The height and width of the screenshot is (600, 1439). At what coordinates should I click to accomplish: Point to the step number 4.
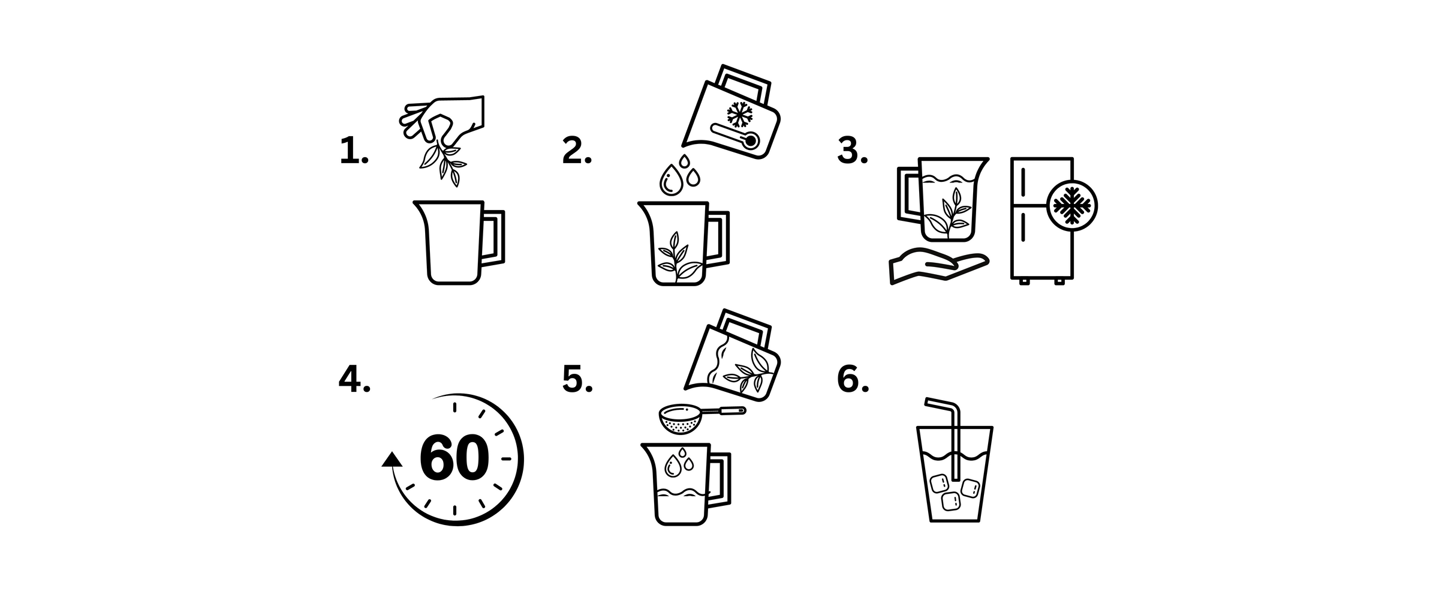click(354, 380)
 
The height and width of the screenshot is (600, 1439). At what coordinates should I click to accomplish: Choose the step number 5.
click(577, 380)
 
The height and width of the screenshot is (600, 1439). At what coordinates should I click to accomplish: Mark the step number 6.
click(853, 380)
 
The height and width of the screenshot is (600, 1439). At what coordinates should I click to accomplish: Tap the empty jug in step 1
click(459, 242)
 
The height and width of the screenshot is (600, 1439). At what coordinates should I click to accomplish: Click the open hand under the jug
click(938, 265)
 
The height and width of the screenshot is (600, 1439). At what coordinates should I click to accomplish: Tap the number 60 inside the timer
click(454, 458)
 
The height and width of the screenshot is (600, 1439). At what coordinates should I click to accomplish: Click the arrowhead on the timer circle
click(392, 460)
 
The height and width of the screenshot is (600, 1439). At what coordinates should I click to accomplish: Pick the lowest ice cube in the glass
click(951, 502)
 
